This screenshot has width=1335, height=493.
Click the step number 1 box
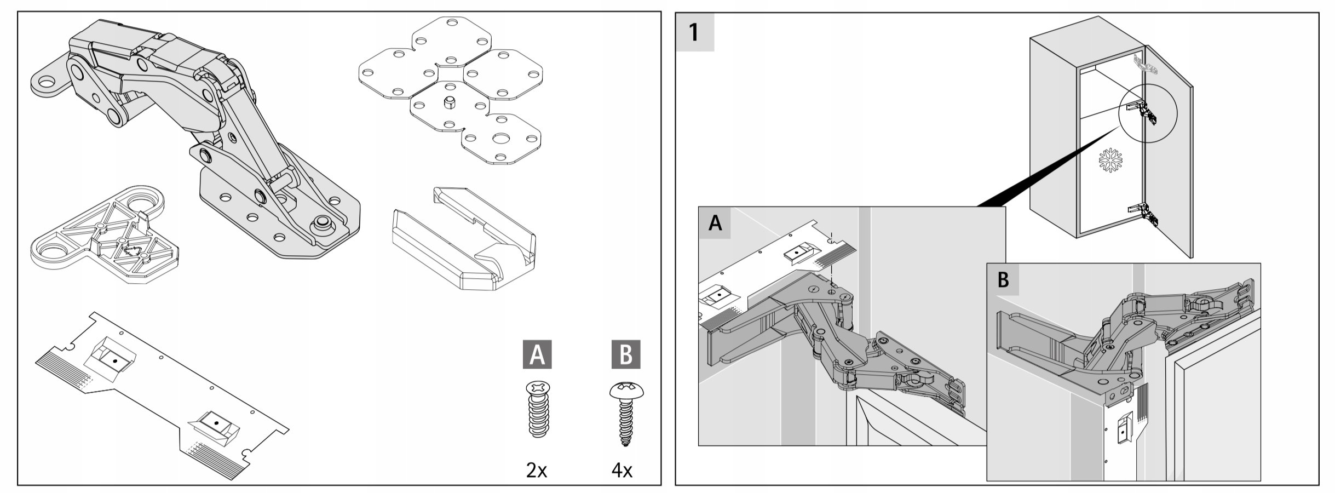[694, 32]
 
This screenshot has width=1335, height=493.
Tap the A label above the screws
[537, 354]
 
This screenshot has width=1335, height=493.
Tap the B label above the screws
[625, 354]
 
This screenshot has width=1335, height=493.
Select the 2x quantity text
[536, 470]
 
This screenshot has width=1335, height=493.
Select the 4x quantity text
[622, 470]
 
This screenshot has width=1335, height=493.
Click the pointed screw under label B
[626, 413]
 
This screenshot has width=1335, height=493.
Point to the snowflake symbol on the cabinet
[1110, 160]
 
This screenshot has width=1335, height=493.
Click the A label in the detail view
[715, 223]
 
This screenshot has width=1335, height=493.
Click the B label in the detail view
[1003, 279]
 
